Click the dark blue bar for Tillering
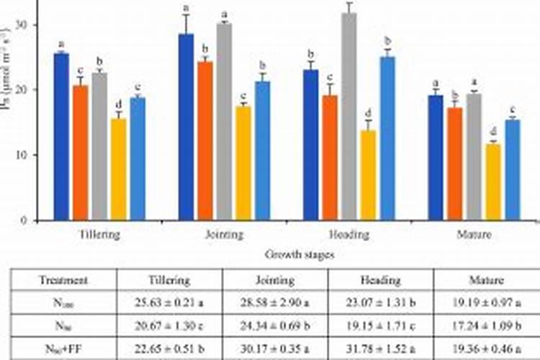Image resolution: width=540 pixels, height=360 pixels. pyautogui.click(x=61, y=137)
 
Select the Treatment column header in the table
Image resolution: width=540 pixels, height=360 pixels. pyautogui.click(x=64, y=280)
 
